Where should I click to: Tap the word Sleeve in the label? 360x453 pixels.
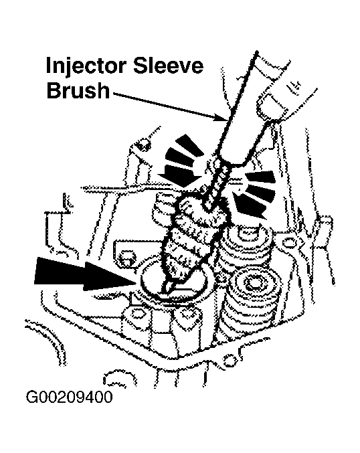point(169,66)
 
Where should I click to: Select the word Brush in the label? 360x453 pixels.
point(78,90)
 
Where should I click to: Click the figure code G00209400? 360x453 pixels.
point(70,397)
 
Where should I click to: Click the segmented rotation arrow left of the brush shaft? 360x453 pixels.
point(180,161)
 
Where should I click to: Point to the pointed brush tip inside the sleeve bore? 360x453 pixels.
point(169,287)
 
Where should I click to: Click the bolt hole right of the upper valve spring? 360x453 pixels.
point(288,244)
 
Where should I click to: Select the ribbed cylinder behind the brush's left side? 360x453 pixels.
point(163,209)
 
